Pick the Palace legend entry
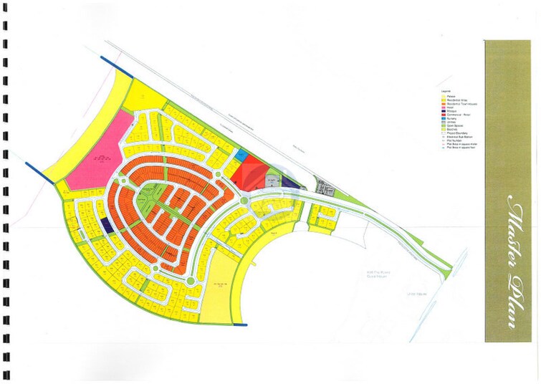(452, 97)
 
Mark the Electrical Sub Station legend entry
(461, 137)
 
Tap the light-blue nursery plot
(241, 153)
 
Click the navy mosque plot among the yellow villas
(105, 225)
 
